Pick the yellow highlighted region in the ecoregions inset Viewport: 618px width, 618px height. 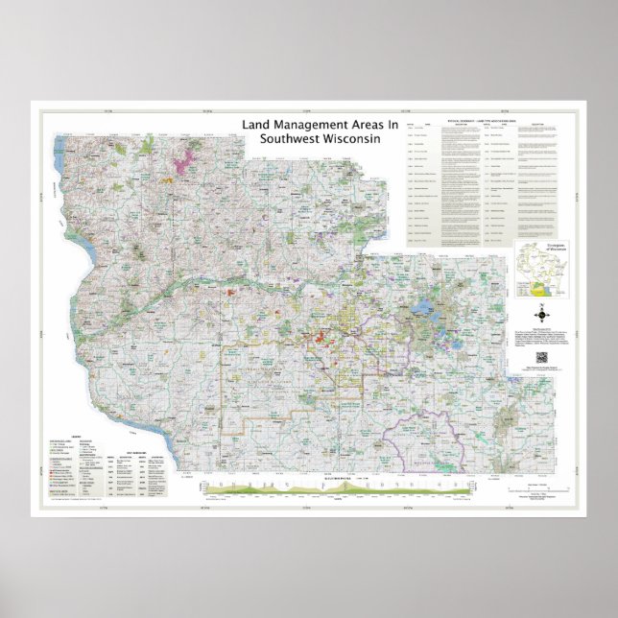(539, 286)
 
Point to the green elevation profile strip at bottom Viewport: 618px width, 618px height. (326, 487)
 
